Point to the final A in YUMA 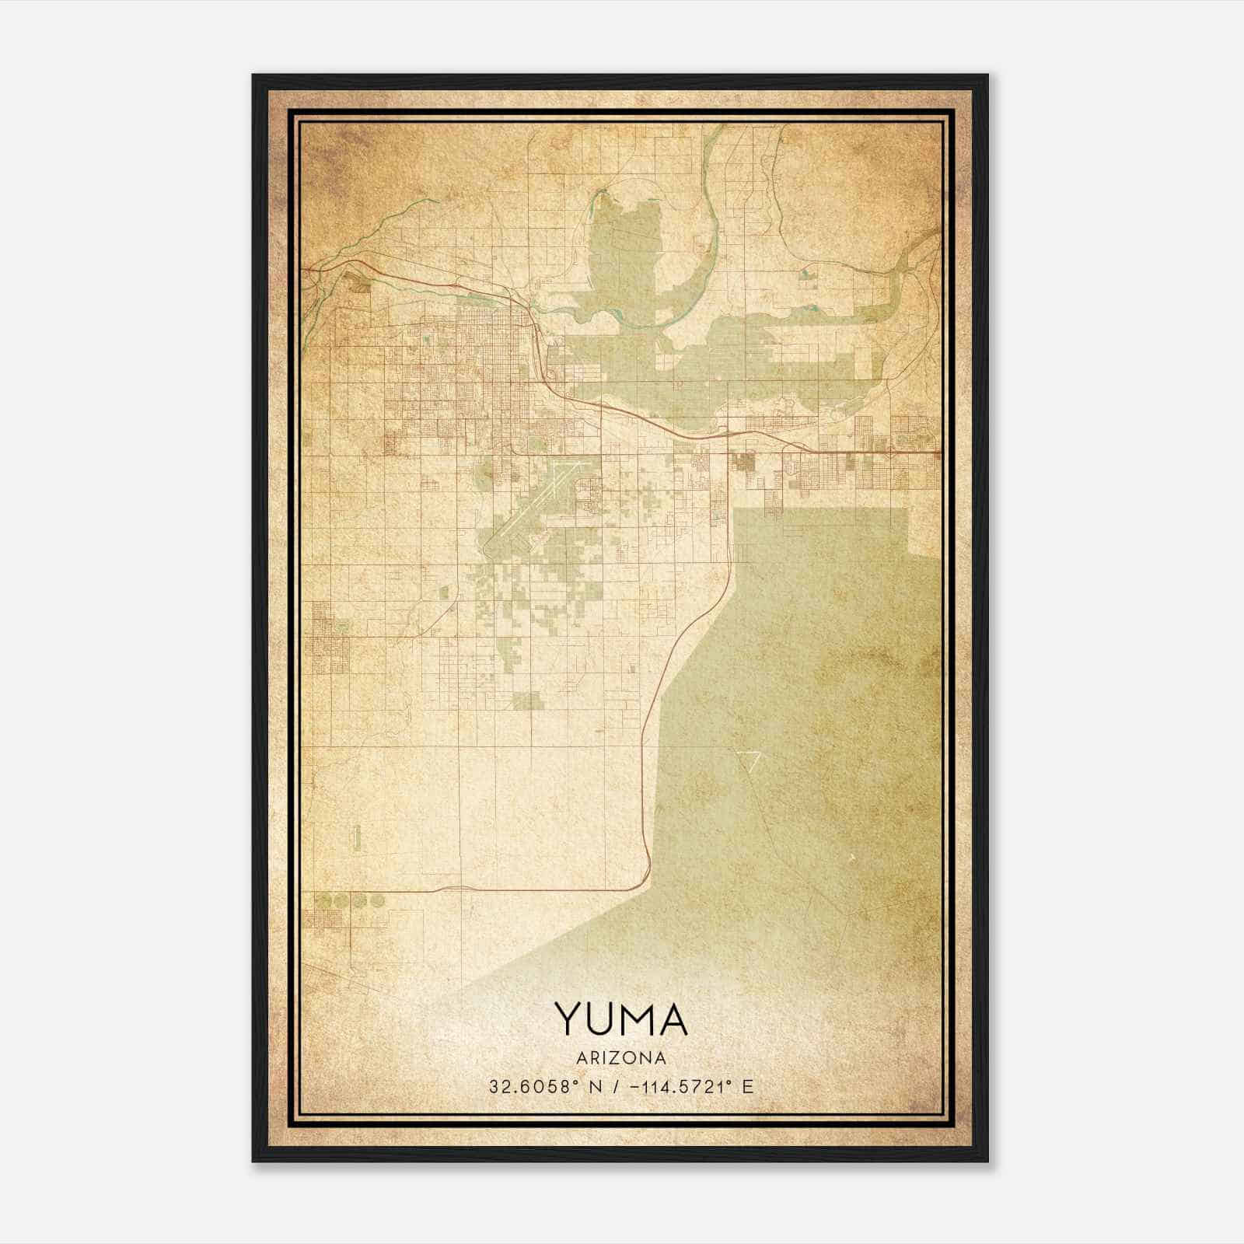672,1019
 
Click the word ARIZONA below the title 621,1058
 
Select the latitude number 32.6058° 531,1086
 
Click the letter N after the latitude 596,1086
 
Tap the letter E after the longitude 748,1086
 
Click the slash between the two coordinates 616,1086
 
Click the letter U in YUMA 600,1019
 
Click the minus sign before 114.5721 636,1086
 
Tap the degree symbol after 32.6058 575,1082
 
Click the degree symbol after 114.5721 732,1082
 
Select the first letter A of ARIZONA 582,1058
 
